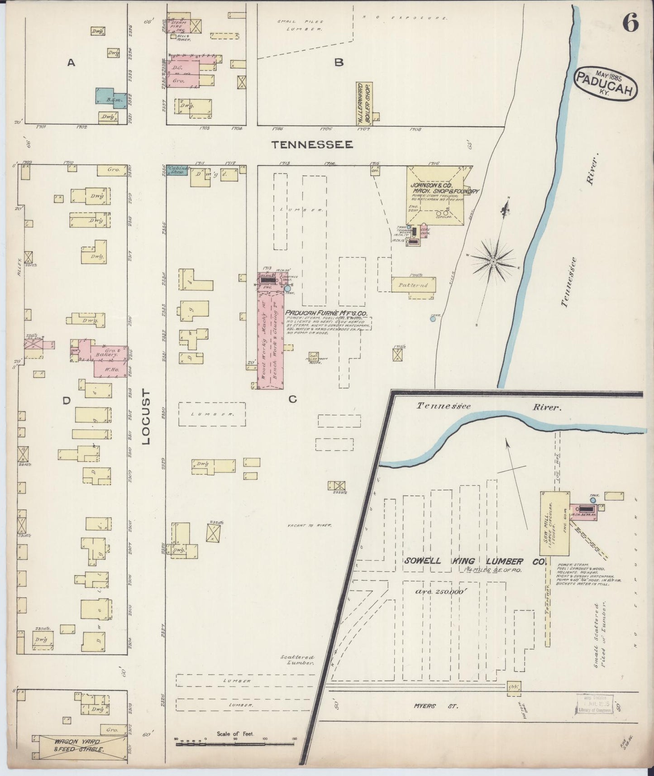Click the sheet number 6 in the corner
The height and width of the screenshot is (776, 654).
click(630, 22)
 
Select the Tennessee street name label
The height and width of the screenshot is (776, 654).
click(312, 144)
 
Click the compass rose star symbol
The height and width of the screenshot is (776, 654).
click(493, 261)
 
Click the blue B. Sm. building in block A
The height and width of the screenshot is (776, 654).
click(109, 98)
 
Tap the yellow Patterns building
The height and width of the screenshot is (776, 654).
click(414, 285)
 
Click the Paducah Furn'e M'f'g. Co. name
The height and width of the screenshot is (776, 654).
click(326, 313)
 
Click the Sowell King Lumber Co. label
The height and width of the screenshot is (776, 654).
click(474, 561)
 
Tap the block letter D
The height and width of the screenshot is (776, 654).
click(67, 400)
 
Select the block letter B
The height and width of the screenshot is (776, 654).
click(339, 63)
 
